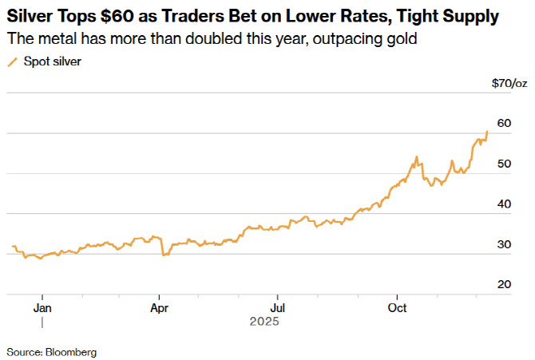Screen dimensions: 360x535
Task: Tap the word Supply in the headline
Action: (470, 16)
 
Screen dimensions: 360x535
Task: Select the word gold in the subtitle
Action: (404, 38)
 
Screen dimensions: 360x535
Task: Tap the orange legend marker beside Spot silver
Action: (12, 61)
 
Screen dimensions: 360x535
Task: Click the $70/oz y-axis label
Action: (509, 83)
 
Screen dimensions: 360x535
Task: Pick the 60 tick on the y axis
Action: (504, 123)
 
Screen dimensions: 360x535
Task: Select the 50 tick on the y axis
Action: (504, 164)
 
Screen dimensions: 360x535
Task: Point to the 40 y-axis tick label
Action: (504, 204)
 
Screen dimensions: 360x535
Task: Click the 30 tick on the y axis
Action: (504, 244)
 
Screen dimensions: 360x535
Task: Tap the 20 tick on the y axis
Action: (504, 285)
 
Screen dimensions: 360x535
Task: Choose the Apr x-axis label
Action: (160, 307)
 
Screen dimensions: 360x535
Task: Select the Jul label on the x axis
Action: (277, 307)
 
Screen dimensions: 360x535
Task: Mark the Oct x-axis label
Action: (396, 307)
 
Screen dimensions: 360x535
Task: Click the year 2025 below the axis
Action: (263, 322)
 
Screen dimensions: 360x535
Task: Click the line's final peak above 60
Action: (487, 132)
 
